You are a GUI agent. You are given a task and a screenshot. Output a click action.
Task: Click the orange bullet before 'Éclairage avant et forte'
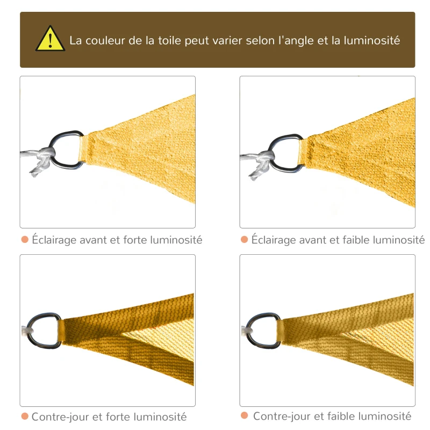(x=25, y=240)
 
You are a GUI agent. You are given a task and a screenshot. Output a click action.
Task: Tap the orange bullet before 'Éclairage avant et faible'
(x=245, y=240)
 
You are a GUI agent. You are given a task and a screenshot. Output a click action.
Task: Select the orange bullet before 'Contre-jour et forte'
(x=25, y=417)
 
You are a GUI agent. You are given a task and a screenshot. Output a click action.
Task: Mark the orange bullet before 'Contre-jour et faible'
(x=245, y=416)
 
